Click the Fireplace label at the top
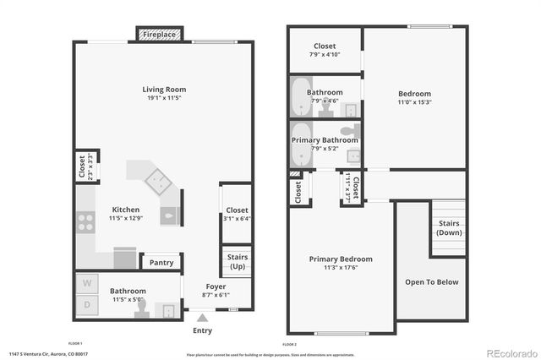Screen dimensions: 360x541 coord(158,35)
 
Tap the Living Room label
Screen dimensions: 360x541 coord(163,90)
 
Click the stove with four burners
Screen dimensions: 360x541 coord(85,221)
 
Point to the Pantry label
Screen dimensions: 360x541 coord(161,263)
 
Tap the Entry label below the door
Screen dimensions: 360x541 coord(202,330)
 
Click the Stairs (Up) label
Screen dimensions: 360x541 coord(237,261)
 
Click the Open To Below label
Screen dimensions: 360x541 coord(431,282)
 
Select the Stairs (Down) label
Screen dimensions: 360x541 coord(449,228)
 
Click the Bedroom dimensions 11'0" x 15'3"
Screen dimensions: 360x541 coord(415,102)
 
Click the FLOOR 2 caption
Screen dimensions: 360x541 coord(290,344)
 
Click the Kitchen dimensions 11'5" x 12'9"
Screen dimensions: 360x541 coord(126,219)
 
